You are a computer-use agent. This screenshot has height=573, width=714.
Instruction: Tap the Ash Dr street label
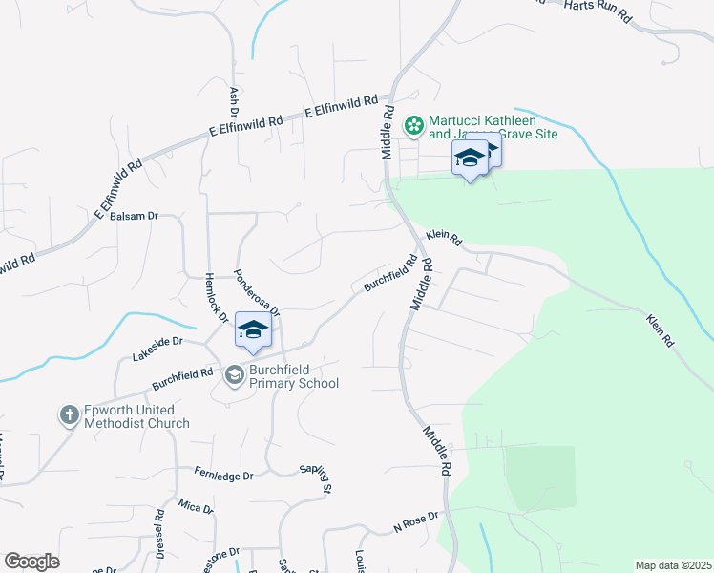pyautogui.click(x=234, y=96)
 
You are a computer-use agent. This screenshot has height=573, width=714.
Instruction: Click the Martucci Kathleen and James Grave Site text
pyautogui.click(x=493, y=127)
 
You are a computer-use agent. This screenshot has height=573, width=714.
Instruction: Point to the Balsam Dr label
pyautogui.click(x=134, y=216)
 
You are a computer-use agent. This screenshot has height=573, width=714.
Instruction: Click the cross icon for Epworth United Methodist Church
pyautogui.click(x=69, y=415)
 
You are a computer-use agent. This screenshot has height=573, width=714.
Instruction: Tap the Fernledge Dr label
pyautogui.click(x=224, y=475)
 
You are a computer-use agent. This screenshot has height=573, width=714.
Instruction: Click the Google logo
pyautogui.click(x=31, y=562)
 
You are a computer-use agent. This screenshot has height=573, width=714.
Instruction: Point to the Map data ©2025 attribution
pyautogui.click(x=673, y=565)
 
